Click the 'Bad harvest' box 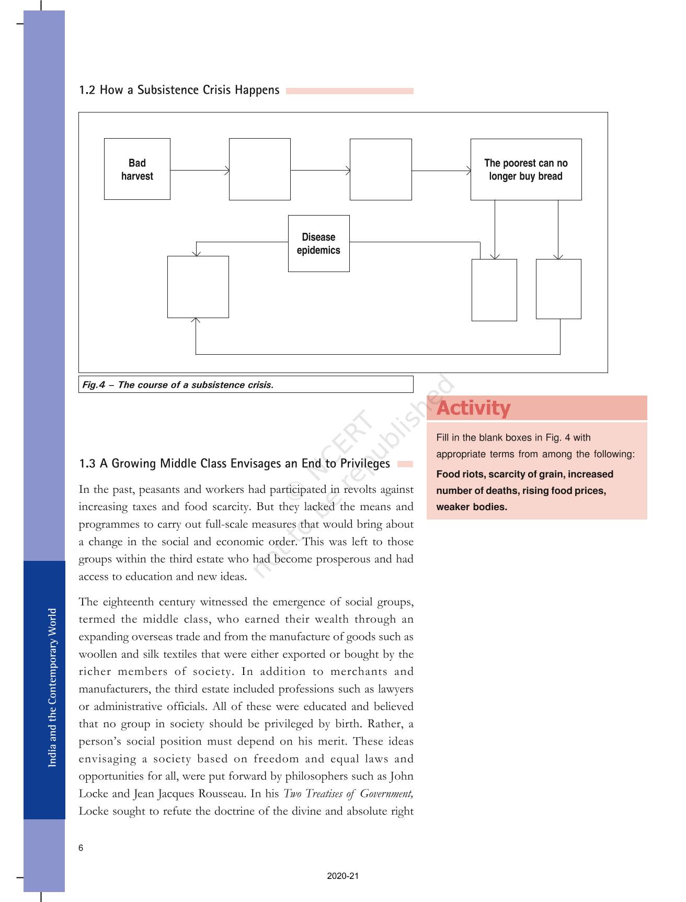137,169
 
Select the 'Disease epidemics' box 318,243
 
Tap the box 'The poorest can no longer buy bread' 525,169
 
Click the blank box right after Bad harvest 259,169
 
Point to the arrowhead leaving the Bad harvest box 227,170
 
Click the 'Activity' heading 474,408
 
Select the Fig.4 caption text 178,385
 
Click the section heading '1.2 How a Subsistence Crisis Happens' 179,90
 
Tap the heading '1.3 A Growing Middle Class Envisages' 234,464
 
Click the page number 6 81,848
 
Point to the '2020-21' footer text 343,876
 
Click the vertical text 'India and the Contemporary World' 52,687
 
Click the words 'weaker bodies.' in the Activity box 472,506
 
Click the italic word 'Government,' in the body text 386,793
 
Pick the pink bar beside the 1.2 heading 349,91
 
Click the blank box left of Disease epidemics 198,287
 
